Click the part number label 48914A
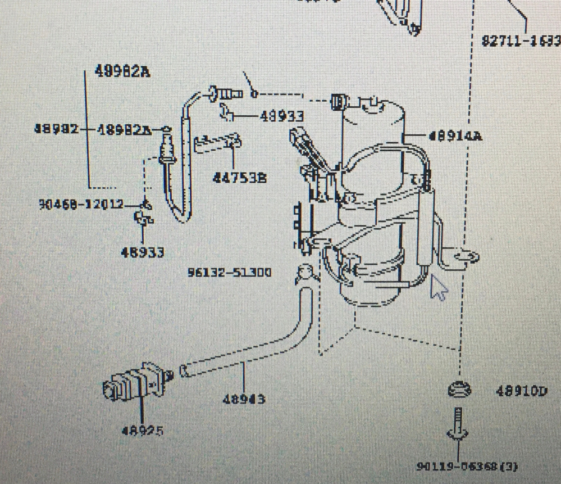coord(456,135)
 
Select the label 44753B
coord(239,178)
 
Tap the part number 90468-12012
coord(81,203)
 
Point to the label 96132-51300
coord(229,273)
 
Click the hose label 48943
coord(243,400)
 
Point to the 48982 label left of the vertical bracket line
coord(55,129)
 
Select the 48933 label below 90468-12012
coord(142,253)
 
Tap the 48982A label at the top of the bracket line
coord(118,72)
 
